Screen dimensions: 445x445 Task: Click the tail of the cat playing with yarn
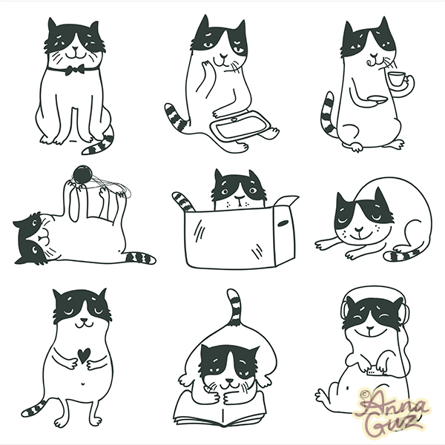pyautogui.click(x=139, y=258)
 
